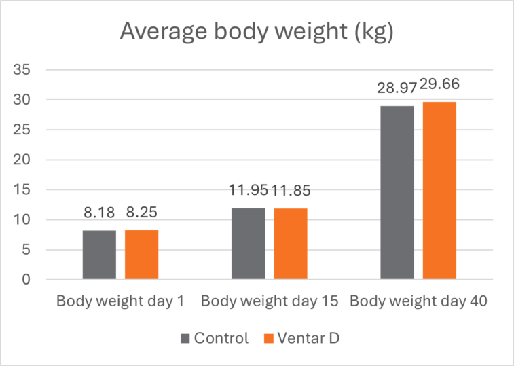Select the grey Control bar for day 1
[x=99, y=255]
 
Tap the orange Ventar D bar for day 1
[x=141, y=255]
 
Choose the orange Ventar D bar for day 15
[x=290, y=244]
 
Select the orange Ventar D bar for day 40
[x=439, y=190]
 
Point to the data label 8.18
[x=99, y=213]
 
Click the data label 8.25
[x=142, y=213]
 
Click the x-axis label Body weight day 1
[x=120, y=301]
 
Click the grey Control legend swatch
[x=185, y=338]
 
